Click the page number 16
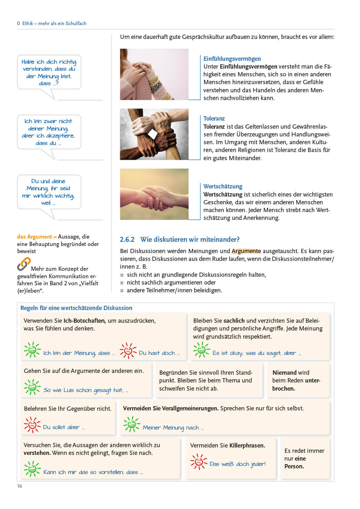(19, 486)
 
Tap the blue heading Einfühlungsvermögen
(232, 59)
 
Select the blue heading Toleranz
(214, 118)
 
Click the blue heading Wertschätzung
(223, 186)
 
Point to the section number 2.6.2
(127, 239)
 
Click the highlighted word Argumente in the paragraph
(246, 251)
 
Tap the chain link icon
(24, 264)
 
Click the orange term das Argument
(34, 236)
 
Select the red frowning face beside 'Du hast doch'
(128, 351)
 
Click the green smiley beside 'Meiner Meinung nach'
(132, 425)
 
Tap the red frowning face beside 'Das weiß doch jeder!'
(199, 462)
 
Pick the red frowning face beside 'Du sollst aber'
(32, 425)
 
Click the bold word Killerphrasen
(247, 445)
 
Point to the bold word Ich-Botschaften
(85, 321)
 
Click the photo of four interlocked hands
(154, 134)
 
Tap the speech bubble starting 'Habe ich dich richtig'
(49, 72)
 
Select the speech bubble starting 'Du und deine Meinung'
(49, 192)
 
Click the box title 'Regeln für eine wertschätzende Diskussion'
(76, 308)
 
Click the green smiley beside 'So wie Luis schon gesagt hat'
(32, 387)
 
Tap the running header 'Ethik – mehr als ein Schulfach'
(54, 23)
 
